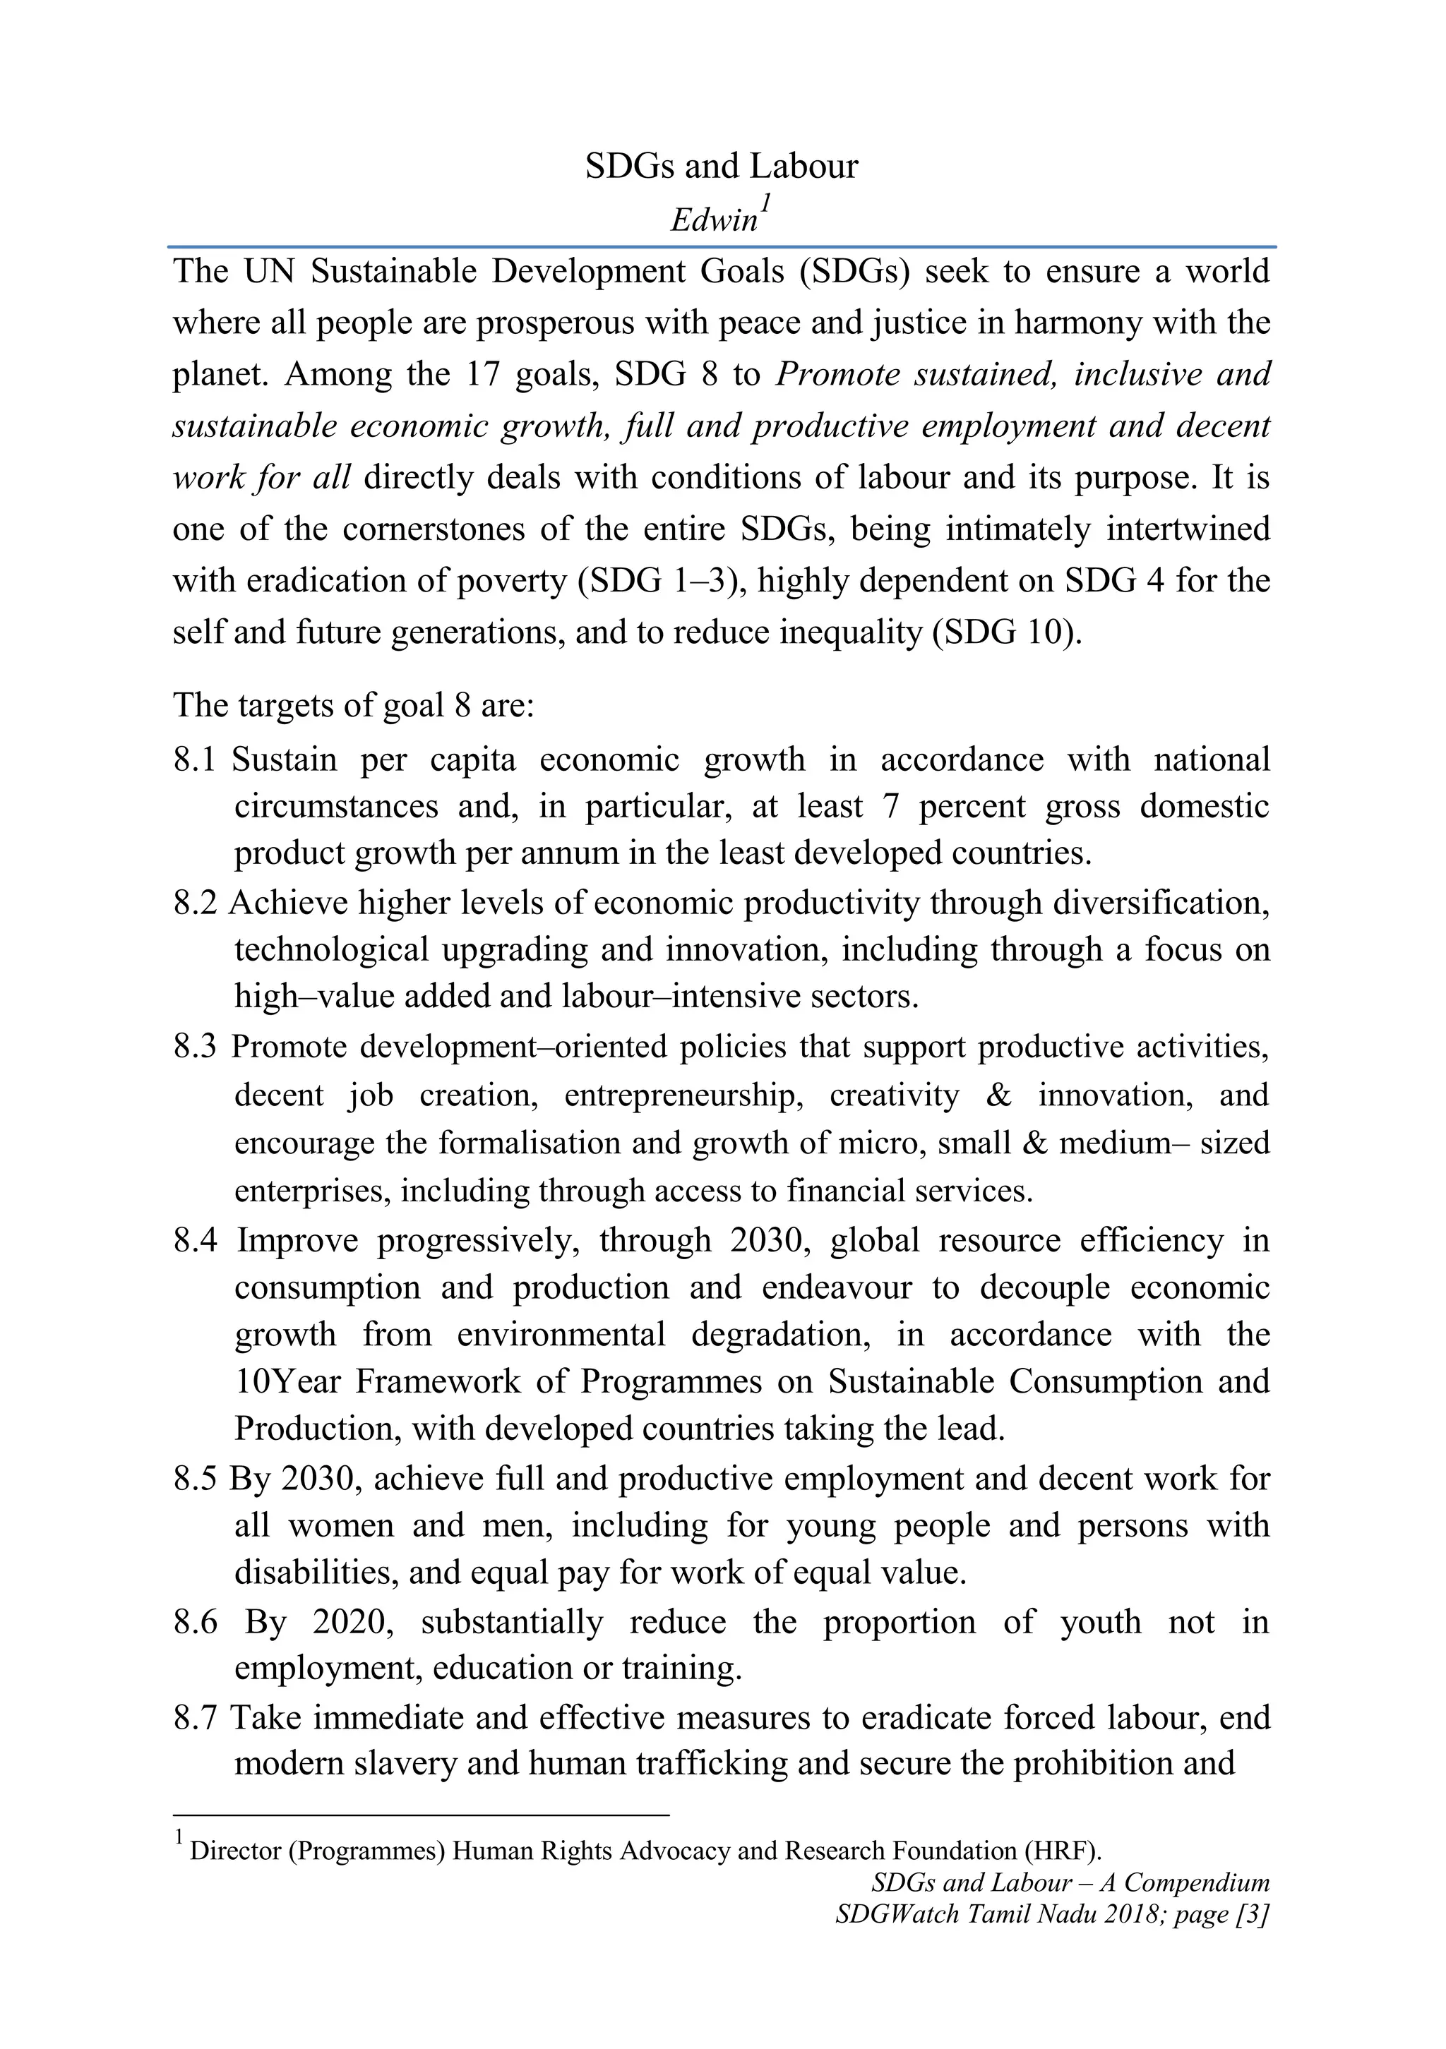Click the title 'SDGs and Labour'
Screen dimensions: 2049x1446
pyautogui.click(x=721, y=167)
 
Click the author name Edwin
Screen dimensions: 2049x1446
pyautogui.click(x=713, y=220)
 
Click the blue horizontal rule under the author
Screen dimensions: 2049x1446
pyautogui.click(x=721, y=246)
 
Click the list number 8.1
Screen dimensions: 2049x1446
pyautogui.click(x=195, y=759)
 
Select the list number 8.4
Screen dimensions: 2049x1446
pyautogui.click(x=196, y=1240)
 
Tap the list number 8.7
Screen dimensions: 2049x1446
pyautogui.click(x=196, y=1717)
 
